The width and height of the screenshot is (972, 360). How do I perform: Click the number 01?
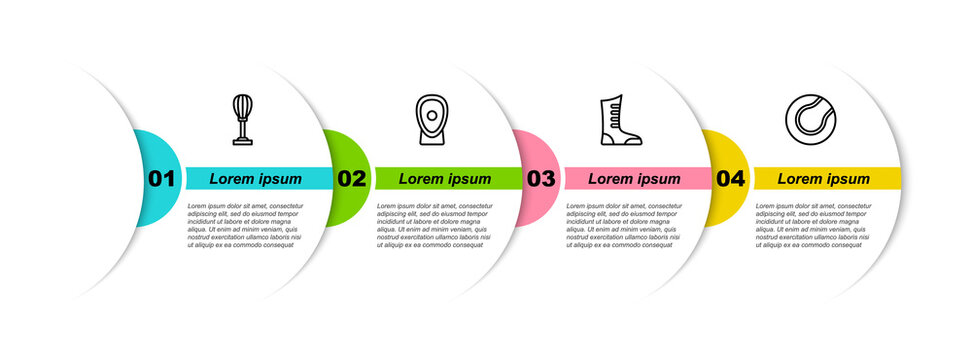click(162, 179)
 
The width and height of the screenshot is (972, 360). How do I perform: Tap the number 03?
click(541, 179)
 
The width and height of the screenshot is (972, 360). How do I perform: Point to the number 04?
click(731, 179)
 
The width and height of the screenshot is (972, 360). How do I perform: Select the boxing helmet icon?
click(432, 120)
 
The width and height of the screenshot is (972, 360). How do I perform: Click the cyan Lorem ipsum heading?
click(256, 179)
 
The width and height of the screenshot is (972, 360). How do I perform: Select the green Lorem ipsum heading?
click(445, 179)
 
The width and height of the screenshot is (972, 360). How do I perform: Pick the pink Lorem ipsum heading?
click(634, 179)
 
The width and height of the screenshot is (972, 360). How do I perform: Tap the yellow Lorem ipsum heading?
click(824, 179)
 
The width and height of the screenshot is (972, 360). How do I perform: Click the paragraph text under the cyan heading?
click(245, 224)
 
